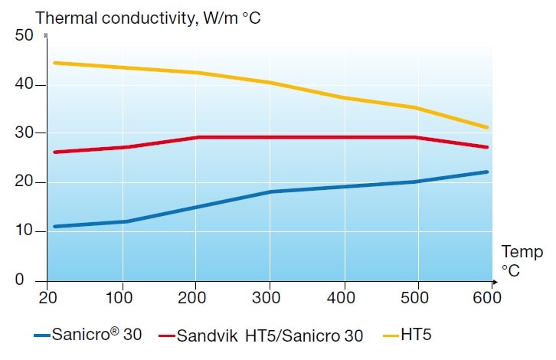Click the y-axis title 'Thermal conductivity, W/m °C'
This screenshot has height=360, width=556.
click(149, 16)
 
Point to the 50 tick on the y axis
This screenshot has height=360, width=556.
click(24, 35)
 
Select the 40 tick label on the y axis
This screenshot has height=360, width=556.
click(24, 84)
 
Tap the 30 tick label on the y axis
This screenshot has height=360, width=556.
click(24, 133)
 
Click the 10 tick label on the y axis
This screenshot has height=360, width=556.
click(24, 231)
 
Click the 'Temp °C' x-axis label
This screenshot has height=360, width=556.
click(522, 260)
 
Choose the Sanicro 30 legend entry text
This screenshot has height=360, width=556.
click(98, 335)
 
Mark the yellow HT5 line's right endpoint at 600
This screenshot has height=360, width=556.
click(487, 127)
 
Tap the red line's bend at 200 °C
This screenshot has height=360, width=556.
click(198, 137)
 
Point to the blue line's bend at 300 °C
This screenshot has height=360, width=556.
click(270, 191)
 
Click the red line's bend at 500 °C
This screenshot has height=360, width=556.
click(416, 137)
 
